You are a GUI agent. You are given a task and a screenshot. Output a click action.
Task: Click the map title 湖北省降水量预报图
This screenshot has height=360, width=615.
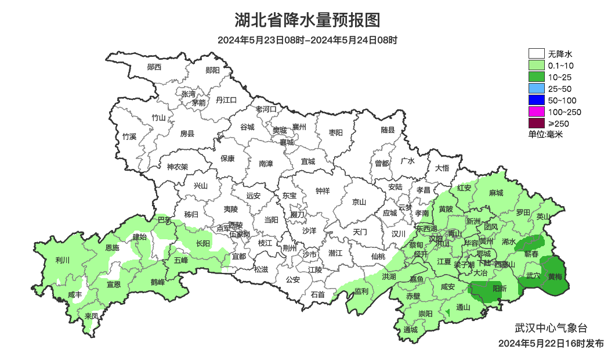[307, 21]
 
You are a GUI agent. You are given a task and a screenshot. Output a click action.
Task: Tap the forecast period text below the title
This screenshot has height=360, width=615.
[307, 41]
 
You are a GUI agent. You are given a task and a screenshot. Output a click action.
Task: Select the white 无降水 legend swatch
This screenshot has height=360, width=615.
[536, 54]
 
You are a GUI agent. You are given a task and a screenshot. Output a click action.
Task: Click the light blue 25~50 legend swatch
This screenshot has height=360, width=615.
[536, 89]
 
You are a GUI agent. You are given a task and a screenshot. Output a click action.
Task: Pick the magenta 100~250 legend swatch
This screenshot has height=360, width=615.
[536, 111]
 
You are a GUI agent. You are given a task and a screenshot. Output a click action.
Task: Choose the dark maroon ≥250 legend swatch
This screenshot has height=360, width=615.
[536, 123]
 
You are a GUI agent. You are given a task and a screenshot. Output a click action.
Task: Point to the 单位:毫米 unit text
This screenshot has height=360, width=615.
[545, 134]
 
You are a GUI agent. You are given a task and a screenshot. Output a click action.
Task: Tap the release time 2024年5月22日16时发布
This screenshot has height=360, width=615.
[551, 343]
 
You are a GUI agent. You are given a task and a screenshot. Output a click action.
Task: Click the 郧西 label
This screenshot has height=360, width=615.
[154, 67]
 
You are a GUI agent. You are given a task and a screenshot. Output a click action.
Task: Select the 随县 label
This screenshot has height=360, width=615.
[388, 130]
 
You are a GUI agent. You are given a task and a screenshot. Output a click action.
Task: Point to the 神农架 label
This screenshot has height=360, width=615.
[177, 167]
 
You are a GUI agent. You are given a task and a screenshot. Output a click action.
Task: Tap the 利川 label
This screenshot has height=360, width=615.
[62, 260]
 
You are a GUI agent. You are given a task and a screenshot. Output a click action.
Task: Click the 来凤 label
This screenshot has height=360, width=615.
[91, 316]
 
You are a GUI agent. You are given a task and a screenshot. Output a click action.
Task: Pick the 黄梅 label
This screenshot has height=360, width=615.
[555, 277]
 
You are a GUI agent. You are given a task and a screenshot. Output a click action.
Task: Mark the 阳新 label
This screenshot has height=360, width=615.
[499, 288]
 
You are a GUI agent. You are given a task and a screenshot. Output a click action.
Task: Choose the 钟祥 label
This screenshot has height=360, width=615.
[323, 190]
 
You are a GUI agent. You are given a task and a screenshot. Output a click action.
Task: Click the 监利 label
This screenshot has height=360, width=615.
[361, 291]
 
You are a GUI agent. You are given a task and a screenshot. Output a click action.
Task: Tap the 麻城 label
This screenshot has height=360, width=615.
[495, 193]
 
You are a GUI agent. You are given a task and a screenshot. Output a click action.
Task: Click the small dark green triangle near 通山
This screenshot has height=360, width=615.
[447, 314]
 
